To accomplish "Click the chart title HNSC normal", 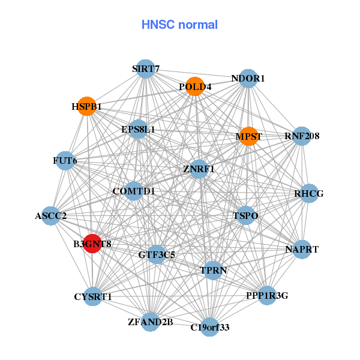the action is pos(179,25).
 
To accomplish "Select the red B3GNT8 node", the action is pos(92,244).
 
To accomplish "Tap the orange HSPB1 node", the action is pos(88,106).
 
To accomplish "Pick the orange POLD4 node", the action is pos(194,87).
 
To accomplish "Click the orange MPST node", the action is pos(248,136).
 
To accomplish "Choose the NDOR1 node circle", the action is pos(248,79).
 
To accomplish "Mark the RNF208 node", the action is pos(301,136).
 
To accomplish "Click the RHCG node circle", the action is pos(309,193).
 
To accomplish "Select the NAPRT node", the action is pos(302,248).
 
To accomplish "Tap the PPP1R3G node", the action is pos(267,295).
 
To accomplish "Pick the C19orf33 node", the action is pos(209,327).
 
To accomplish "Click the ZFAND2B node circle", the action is pos(150,322).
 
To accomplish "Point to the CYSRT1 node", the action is pos(93,296).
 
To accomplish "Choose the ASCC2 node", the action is pos(50,215).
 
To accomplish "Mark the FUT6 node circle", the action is pos(65,161).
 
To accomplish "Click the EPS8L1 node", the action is pos(138,129).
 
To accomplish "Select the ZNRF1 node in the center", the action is pos(199,169).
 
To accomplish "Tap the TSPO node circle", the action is pos(245,215).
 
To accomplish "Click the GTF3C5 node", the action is pos(157,254).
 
